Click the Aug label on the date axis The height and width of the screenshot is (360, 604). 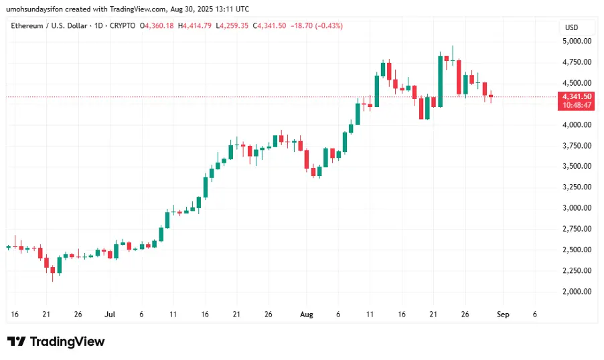coord(306,313)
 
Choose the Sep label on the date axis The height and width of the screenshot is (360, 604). coord(503,313)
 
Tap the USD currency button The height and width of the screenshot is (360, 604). coord(571,27)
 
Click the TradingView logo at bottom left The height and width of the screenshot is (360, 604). coord(56,341)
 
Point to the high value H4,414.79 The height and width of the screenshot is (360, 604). coord(175,25)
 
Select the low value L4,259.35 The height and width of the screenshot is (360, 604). coord(214,25)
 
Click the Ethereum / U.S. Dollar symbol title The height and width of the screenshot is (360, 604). coord(54,25)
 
